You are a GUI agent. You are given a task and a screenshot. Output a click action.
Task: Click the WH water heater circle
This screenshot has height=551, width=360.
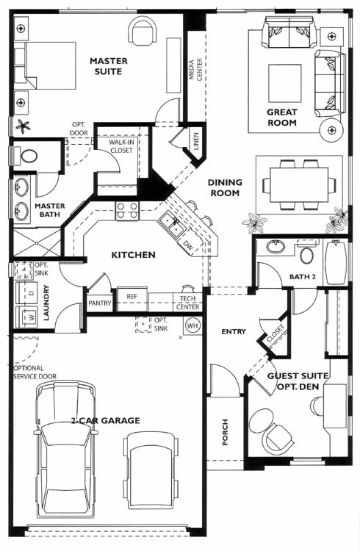192,325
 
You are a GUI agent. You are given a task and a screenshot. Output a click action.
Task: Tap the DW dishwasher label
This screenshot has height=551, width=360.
188,246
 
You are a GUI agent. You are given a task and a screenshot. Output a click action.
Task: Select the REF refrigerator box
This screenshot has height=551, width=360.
132,300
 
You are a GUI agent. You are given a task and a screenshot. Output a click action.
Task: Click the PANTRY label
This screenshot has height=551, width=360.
99,303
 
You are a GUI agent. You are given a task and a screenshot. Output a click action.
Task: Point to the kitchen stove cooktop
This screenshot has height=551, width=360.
127,211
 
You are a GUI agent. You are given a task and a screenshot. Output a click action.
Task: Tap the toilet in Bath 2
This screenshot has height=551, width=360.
306,253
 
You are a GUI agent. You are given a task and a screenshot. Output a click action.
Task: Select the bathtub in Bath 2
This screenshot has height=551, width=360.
336,262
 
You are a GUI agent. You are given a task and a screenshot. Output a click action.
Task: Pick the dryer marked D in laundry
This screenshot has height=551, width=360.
26,293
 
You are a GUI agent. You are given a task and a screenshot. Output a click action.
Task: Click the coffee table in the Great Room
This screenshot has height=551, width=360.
285,83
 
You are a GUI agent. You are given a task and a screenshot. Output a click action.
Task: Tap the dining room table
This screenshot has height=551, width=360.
299,184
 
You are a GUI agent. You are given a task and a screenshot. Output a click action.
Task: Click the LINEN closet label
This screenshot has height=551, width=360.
196,141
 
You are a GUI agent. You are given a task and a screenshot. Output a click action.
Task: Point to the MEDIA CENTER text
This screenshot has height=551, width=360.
195,70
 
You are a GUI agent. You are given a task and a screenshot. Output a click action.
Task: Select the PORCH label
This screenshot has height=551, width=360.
225,432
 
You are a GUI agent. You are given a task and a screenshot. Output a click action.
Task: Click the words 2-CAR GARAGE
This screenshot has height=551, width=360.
106,420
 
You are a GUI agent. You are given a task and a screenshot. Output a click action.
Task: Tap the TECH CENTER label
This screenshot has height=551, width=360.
188,303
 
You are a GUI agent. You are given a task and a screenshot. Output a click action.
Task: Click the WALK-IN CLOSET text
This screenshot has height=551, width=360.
121,146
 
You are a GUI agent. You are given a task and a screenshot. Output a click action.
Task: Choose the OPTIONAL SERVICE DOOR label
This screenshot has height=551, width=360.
35,372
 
